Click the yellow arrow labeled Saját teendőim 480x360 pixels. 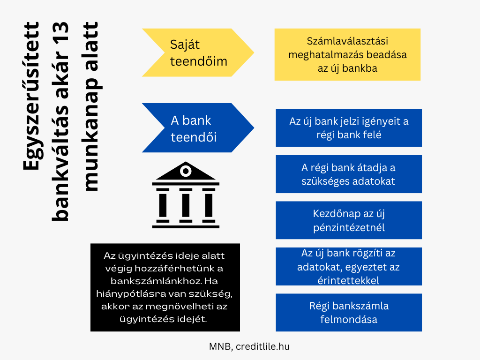[198, 52]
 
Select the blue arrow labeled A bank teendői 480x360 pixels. [198, 127]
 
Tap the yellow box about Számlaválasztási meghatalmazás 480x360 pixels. [347, 54]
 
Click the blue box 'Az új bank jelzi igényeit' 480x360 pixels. [349, 127]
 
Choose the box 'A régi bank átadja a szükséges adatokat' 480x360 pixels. [349, 174]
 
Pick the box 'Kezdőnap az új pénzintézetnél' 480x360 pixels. [349, 220]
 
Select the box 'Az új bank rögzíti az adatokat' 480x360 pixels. [349, 266]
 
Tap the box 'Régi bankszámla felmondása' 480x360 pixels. [349, 313]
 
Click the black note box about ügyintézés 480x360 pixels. [165, 287]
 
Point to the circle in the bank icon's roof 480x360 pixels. [186, 171]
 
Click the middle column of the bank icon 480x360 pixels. [186, 205]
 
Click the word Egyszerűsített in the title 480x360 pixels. [31, 96]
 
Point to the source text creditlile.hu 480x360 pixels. [262, 346]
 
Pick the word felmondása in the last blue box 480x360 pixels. [349, 320]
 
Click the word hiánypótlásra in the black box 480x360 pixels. [130, 294]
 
